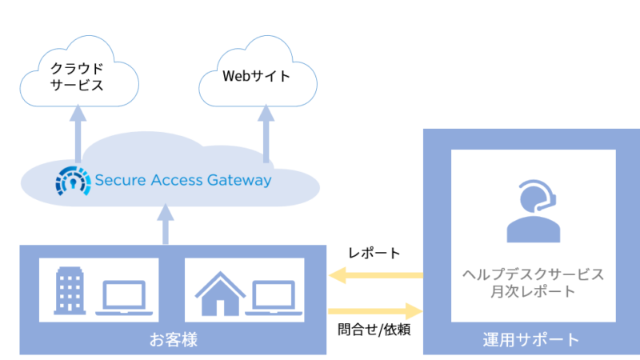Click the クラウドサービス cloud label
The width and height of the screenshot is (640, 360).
(x=77, y=76)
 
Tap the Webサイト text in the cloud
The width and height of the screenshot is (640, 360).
(x=256, y=76)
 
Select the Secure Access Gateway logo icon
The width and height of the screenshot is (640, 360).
(x=73, y=181)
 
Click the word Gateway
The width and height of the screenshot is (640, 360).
(x=239, y=180)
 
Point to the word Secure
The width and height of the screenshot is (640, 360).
(x=121, y=180)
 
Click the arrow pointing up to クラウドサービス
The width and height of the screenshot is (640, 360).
(x=78, y=134)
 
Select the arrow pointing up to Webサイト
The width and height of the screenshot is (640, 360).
(x=266, y=134)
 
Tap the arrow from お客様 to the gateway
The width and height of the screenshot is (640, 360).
(x=166, y=224)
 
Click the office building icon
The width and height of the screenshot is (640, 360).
(x=70, y=290)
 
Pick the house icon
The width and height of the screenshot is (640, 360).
(x=221, y=293)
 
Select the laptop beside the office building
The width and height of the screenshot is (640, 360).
(x=124, y=298)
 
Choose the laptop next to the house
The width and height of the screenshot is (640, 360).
(x=274, y=298)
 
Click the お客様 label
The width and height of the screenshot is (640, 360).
(x=174, y=339)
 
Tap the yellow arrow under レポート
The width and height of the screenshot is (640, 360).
(x=376, y=275)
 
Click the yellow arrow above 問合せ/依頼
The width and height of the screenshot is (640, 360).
(x=375, y=311)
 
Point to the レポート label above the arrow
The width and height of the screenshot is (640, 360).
(x=374, y=253)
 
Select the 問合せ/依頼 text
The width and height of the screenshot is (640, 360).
(x=374, y=330)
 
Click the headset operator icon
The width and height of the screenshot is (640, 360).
(x=534, y=211)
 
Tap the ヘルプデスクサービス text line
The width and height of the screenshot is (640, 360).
(x=533, y=274)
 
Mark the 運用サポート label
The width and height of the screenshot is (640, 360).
(x=531, y=339)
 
